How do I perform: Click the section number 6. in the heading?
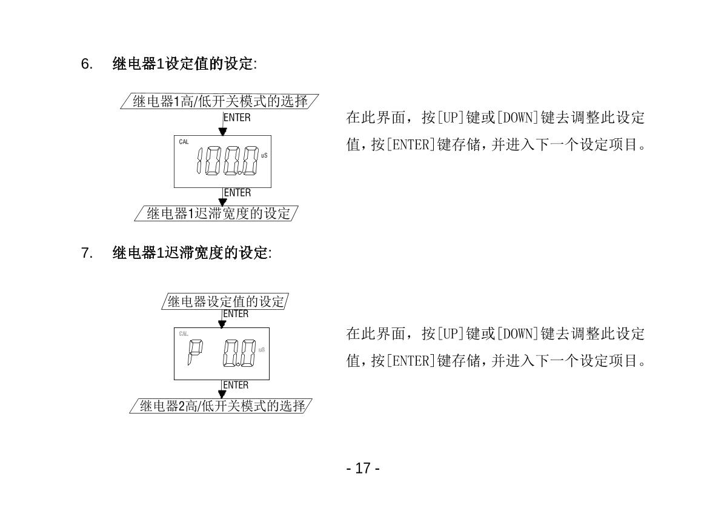86,64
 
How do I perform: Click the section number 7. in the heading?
86,253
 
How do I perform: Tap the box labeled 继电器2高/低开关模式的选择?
222,406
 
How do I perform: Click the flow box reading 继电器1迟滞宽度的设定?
219,213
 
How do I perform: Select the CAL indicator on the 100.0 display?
184,142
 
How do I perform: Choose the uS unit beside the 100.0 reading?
264,156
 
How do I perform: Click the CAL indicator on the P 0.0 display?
184,334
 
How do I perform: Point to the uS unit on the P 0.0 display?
262,349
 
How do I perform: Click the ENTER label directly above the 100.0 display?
237,118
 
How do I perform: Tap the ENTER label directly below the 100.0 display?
237,193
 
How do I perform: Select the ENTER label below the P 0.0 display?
236,385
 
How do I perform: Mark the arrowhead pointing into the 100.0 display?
223,131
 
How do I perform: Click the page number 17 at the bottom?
363,468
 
